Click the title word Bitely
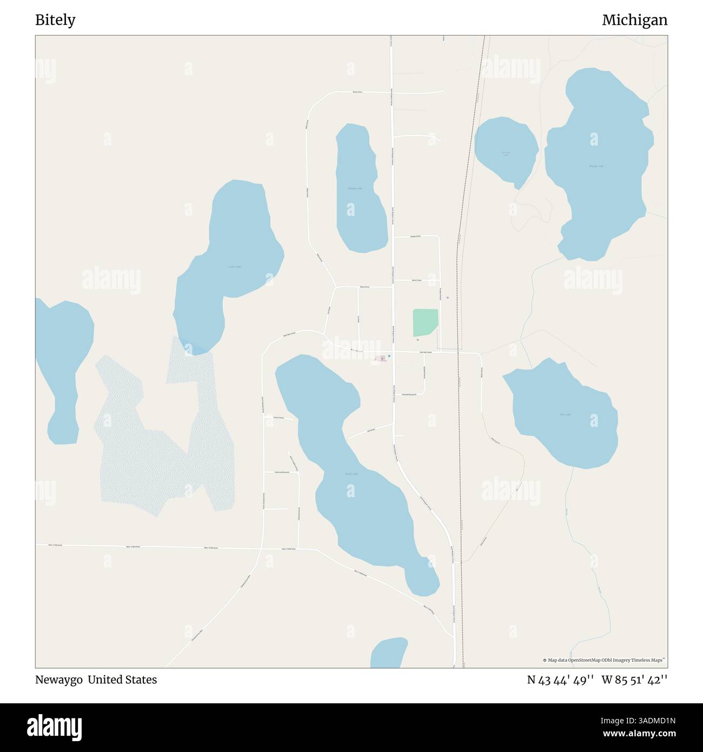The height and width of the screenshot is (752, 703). [55, 20]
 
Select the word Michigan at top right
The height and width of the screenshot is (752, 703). [634, 20]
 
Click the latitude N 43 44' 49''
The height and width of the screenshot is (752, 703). [561, 680]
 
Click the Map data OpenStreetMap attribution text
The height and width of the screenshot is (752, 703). [603, 660]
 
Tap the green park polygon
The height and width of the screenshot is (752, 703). [425, 322]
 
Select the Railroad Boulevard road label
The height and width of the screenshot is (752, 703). [409, 394]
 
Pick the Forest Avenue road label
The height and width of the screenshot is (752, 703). [278, 418]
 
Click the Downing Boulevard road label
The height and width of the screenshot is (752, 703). [282, 472]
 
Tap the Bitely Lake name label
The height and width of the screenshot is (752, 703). [351, 473]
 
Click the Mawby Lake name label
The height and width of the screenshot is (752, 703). [355, 188]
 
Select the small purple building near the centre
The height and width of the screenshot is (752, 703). [382, 358]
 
